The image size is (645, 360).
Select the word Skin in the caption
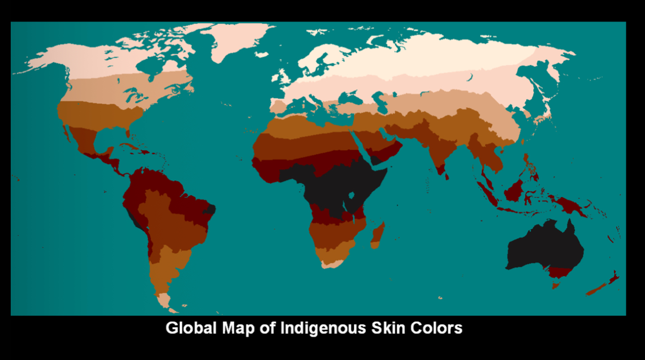tap(383, 328)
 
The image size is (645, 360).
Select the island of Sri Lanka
tap(446, 177)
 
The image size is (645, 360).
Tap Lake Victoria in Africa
tap(351, 195)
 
